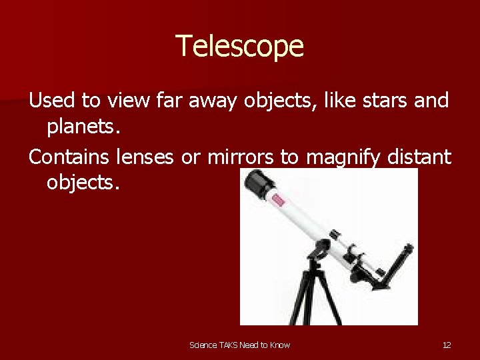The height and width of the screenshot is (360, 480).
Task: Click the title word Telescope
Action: coord(239,47)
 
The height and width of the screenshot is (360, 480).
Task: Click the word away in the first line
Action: coord(213,102)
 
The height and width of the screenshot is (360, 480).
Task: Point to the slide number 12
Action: coord(447,345)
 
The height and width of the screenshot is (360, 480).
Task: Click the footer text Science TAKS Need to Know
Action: coord(239,345)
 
